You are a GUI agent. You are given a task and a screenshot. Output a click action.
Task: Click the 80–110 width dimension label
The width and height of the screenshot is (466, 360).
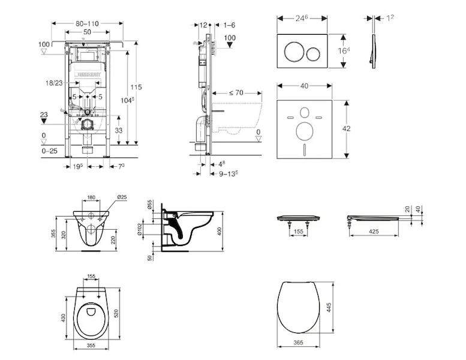[x=88, y=23]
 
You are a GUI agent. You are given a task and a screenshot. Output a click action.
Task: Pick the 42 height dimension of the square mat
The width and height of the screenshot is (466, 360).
[x=354, y=128]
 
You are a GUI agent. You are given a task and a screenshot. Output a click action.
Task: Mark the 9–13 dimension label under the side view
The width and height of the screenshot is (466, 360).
[x=228, y=173]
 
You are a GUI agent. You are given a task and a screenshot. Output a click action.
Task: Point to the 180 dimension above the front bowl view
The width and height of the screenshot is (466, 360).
[x=91, y=197]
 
